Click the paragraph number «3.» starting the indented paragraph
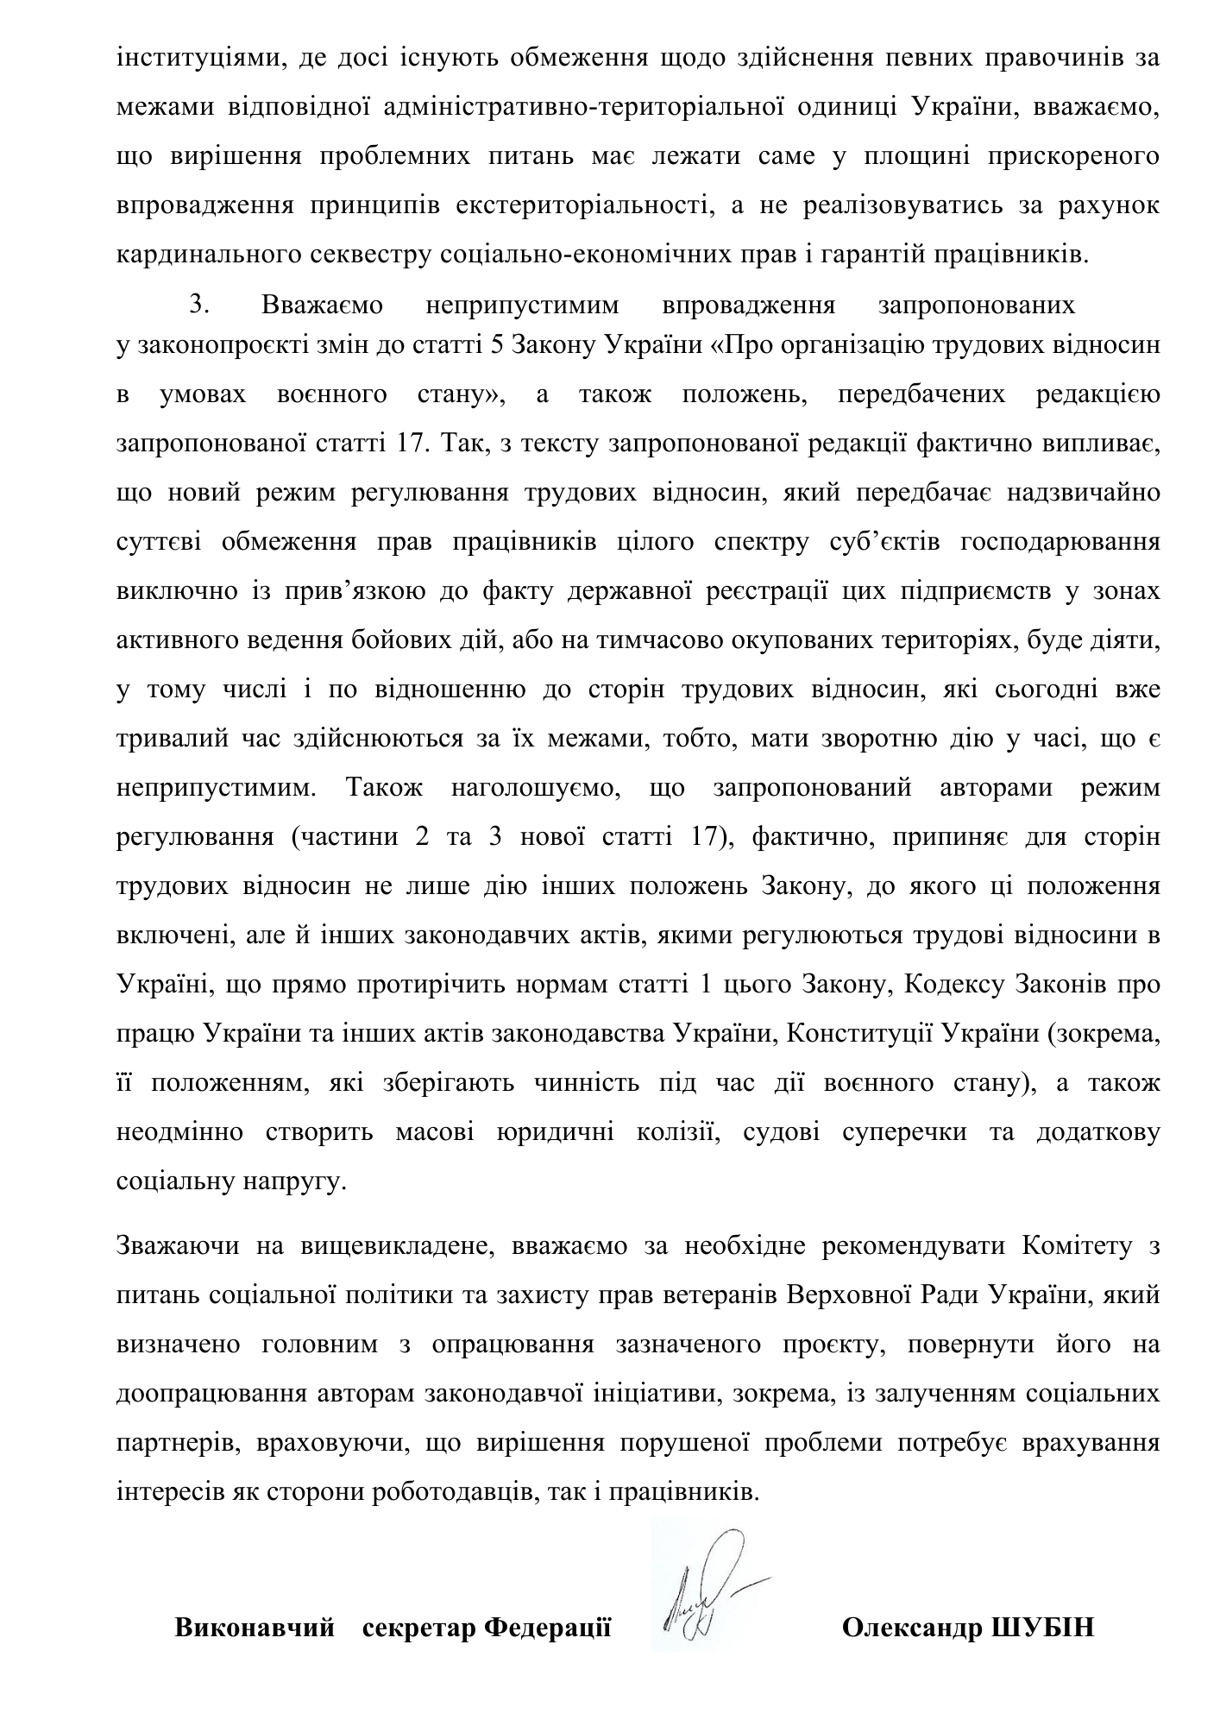tap(200, 306)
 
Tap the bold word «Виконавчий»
tap(255, 1628)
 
